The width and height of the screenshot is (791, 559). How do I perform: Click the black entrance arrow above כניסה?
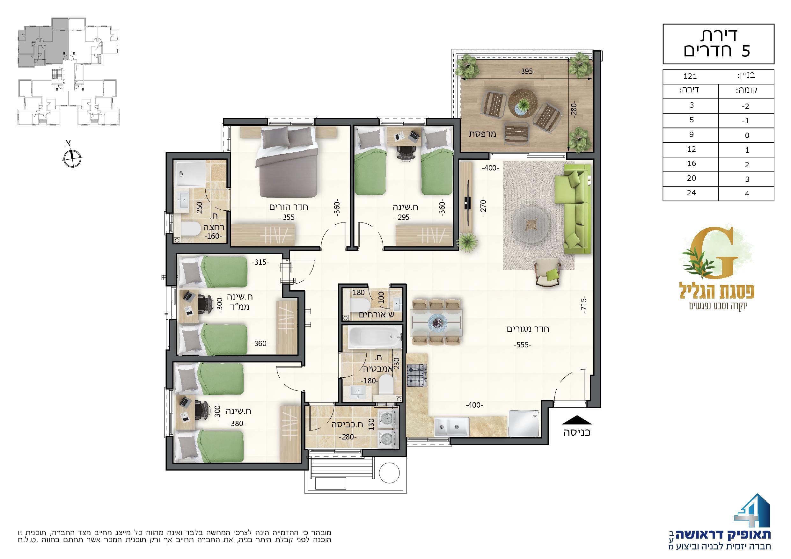pos(577,419)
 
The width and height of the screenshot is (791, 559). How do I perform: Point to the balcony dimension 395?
pos(527,72)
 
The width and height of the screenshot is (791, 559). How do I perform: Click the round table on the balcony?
pos(523,104)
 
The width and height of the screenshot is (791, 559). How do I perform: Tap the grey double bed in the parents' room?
pos(286,162)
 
